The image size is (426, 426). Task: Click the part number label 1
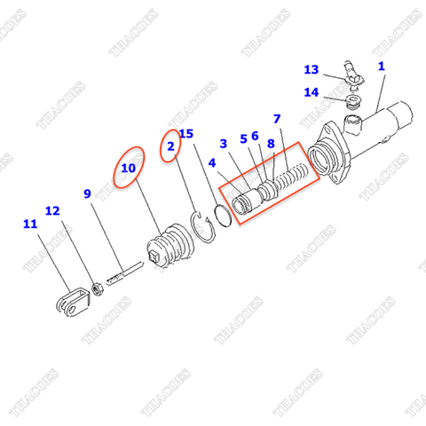tap(382, 66)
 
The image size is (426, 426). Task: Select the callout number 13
tap(311, 69)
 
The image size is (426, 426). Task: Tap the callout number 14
tap(311, 91)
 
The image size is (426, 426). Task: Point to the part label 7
tap(277, 119)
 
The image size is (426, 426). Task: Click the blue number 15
tap(186, 134)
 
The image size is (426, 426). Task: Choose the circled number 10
tap(129, 166)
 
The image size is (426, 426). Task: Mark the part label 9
tap(87, 193)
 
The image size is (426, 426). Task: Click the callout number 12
tap(52, 211)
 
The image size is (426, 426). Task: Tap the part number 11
tap(31, 225)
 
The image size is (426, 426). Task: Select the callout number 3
tap(224, 143)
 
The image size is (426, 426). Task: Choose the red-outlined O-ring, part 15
tap(224, 215)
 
